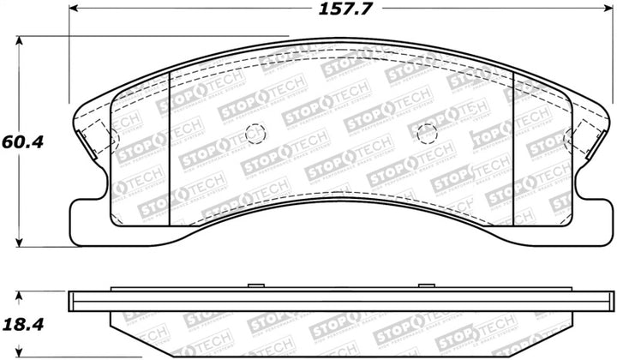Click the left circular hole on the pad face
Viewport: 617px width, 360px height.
tap(254, 133)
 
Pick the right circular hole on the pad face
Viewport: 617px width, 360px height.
tap(426, 134)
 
